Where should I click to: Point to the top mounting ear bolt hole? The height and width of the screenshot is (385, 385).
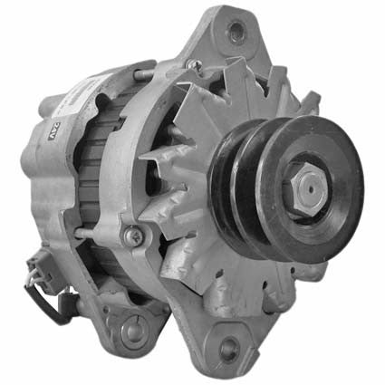[238, 33]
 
